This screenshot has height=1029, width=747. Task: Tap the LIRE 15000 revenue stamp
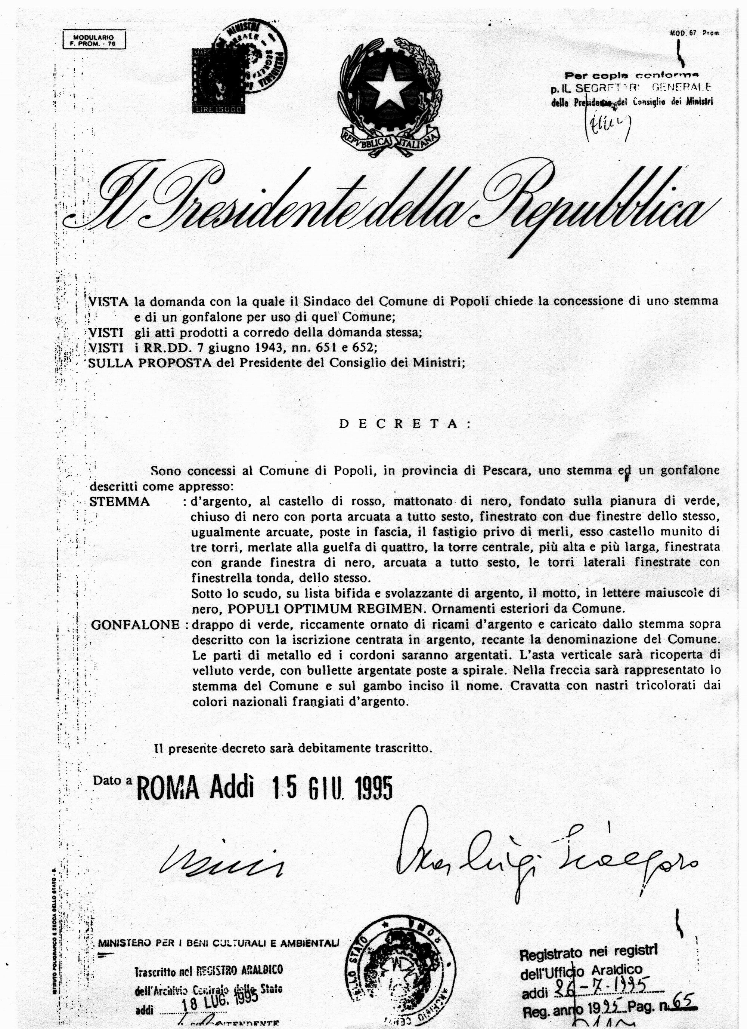(219, 81)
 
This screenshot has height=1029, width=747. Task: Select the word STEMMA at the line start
(120, 502)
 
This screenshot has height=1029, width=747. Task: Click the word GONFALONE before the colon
(135, 625)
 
